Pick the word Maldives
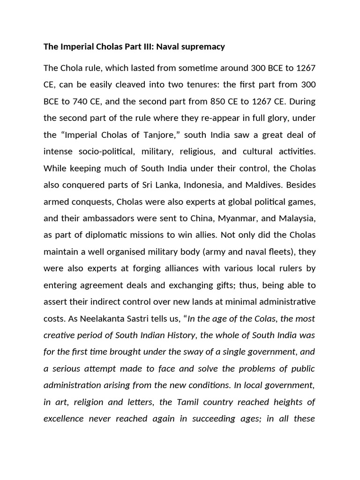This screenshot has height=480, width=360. point(256,185)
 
